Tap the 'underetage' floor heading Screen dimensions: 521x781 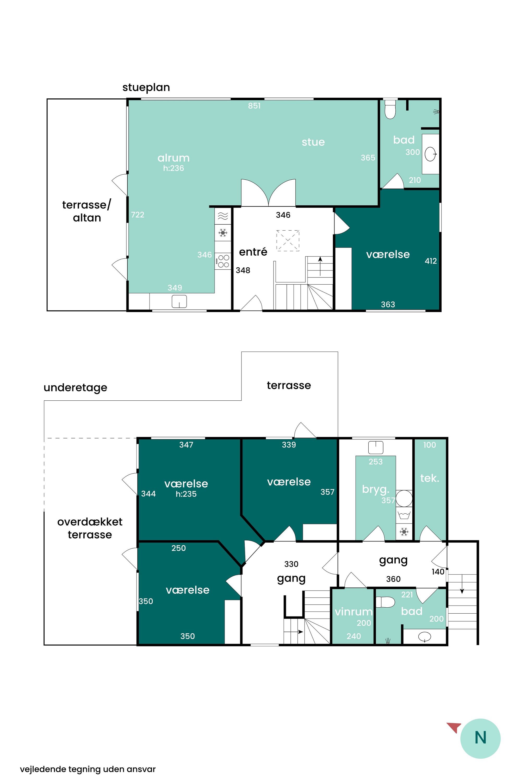(76, 388)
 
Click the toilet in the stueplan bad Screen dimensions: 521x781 (390, 109)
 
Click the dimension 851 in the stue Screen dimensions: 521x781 (254, 106)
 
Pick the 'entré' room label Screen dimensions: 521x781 (253, 252)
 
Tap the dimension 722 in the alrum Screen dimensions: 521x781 (138, 215)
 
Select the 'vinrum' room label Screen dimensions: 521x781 (353, 611)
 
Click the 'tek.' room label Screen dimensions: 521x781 (430, 478)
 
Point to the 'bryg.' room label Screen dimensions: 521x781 (375, 489)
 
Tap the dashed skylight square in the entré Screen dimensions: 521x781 (288, 240)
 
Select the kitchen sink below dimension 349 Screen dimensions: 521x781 (179, 301)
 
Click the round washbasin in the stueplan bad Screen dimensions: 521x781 (431, 154)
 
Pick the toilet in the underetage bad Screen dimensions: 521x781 (385, 602)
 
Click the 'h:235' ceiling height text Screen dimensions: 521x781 (186, 494)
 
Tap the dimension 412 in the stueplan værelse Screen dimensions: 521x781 (431, 261)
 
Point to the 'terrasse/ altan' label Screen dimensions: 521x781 (87, 211)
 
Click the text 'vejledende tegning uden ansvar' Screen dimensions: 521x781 (88, 769)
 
